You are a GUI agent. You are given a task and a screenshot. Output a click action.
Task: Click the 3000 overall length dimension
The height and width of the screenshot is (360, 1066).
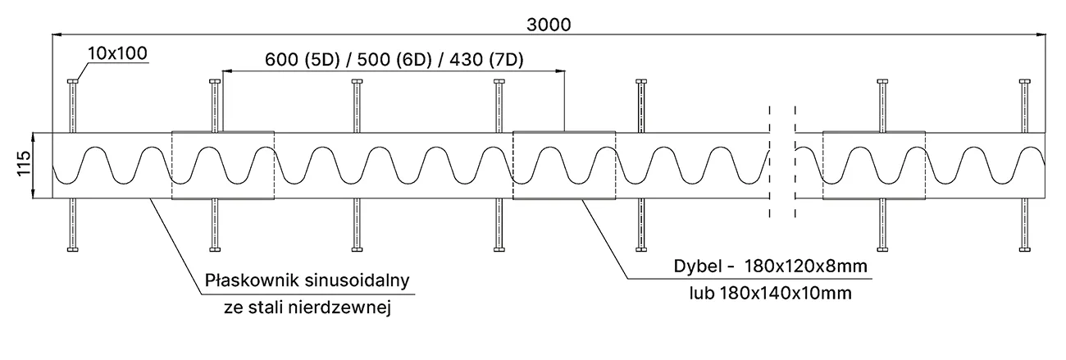tap(548, 24)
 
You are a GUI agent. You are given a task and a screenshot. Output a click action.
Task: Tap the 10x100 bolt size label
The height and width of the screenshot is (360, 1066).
tap(116, 54)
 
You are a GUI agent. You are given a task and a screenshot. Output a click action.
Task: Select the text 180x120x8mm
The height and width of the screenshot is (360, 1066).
tap(806, 267)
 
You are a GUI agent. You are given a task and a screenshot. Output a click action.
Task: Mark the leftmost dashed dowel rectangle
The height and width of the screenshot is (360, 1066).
tap(222, 165)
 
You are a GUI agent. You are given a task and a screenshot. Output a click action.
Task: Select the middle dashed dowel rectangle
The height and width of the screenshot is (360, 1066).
tap(564, 165)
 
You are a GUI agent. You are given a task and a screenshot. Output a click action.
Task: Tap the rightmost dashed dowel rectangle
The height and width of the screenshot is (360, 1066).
tap(873, 165)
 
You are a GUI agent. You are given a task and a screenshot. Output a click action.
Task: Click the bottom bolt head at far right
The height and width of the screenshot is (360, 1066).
tap(1024, 248)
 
